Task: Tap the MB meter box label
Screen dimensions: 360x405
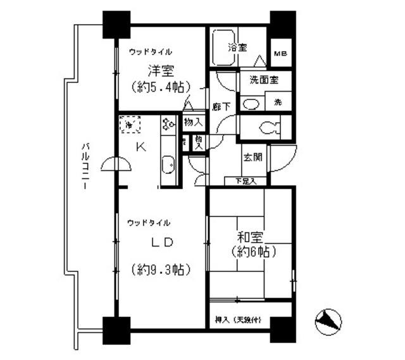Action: pyautogui.click(x=280, y=54)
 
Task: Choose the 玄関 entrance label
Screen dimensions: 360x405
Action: pyautogui.click(x=254, y=158)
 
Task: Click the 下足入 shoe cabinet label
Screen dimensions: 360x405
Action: pyautogui.click(x=246, y=182)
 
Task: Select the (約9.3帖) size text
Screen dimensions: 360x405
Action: pyautogui.click(x=161, y=270)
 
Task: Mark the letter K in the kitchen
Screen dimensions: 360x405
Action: pyautogui.click(x=142, y=147)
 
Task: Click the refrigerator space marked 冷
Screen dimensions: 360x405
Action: pyautogui.click(x=130, y=125)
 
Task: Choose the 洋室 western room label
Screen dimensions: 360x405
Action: pyautogui.click(x=158, y=71)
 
